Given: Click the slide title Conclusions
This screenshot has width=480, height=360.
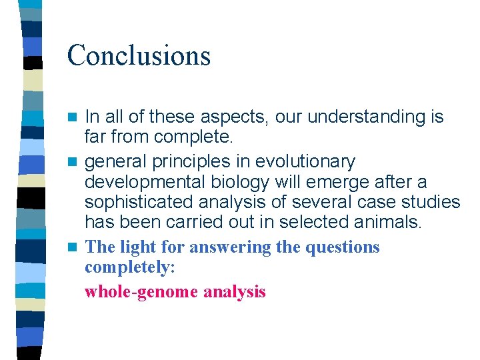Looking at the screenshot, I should pos(139,55).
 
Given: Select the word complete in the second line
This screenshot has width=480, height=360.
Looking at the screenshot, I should pos(193,138).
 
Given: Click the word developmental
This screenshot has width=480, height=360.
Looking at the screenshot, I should pos(149,182).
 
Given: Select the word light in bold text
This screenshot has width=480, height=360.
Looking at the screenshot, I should pos(135,247).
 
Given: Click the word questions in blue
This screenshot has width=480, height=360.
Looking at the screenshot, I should pos(342,247).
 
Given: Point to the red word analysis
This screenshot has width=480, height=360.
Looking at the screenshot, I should pos(235,291).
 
